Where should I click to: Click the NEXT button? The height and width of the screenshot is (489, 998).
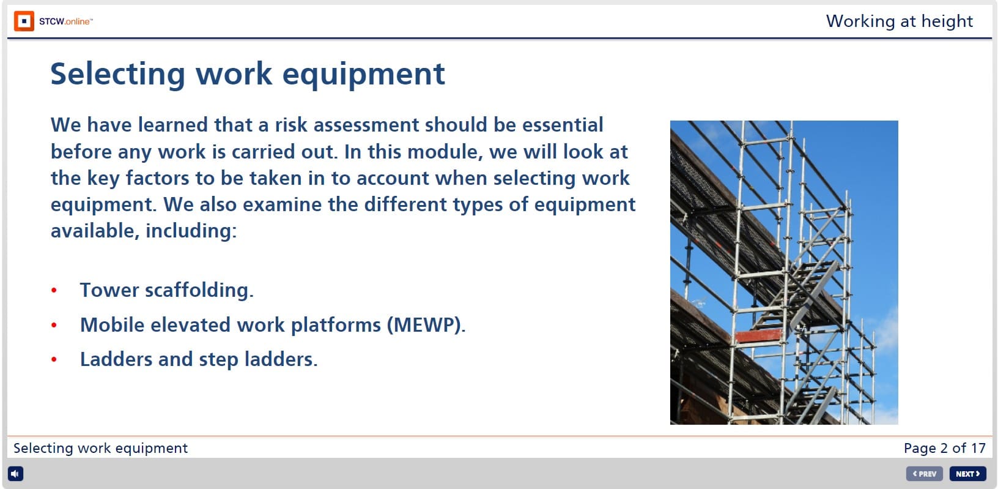(967, 474)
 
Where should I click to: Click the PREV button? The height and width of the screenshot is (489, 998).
(924, 474)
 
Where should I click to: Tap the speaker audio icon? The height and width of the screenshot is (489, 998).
(15, 474)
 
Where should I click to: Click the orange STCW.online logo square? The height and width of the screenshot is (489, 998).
(24, 21)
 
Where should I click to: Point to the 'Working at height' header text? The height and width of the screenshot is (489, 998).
(899, 21)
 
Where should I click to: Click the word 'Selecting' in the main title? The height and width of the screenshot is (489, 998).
(117, 74)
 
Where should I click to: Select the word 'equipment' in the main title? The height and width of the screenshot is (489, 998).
(363, 74)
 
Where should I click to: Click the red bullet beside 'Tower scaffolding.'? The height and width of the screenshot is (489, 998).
(54, 291)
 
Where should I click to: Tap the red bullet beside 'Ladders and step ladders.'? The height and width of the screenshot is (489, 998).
(54, 360)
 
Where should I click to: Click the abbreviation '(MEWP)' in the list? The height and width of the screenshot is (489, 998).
(426, 325)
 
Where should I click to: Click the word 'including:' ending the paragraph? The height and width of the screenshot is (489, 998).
(191, 231)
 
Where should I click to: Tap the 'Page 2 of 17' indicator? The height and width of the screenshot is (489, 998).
(944, 448)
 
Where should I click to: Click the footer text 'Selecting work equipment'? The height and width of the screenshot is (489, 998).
(100, 448)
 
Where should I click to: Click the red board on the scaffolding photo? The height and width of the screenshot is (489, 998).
(759, 335)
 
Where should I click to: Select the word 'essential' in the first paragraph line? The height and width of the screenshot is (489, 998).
(562, 125)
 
